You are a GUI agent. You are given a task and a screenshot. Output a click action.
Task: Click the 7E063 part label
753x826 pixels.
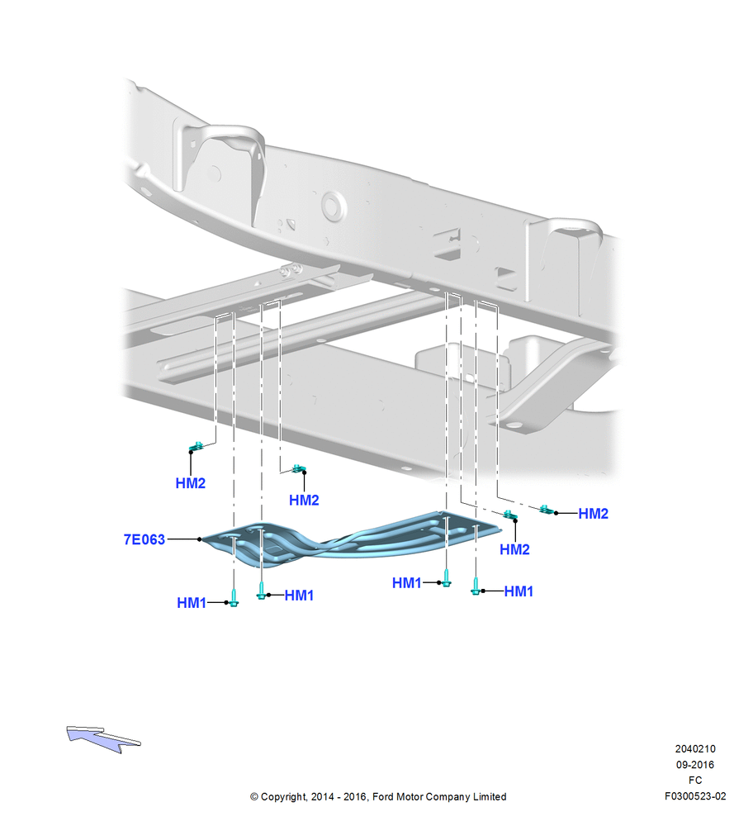click(x=144, y=539)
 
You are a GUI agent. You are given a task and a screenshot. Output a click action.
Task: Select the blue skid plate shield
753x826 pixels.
click(x=348, y=540)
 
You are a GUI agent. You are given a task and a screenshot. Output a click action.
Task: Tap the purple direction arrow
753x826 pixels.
click(x=103, y=738)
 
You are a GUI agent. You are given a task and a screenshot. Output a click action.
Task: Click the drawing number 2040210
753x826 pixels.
click(x=695, y=748)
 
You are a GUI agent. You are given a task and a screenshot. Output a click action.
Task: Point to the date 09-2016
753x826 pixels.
click(x=695, y=764)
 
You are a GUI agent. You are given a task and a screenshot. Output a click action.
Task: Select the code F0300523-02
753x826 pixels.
click(x=695, y=796)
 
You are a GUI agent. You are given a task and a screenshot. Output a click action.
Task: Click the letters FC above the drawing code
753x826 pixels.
click(x=695, y=781)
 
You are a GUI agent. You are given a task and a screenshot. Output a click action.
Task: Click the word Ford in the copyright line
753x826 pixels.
click(x=383, y=796)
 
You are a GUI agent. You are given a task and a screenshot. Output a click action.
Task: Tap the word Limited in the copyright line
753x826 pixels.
click(x=489, y=796)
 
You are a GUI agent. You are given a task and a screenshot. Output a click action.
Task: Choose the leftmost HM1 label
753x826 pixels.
click(x=192, y=603)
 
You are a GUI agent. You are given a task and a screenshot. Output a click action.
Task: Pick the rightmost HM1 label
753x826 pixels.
click(x=519, y=591)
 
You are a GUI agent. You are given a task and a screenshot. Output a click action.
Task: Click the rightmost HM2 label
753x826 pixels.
click(x=594, y=514)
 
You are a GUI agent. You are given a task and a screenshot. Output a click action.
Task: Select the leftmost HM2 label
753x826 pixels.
click(x=191, y=483)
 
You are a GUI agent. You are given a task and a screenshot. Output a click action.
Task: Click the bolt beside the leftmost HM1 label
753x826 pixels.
click(x=234, y=598)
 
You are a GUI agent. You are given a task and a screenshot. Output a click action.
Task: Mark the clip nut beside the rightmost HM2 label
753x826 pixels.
click(x=546, y=510)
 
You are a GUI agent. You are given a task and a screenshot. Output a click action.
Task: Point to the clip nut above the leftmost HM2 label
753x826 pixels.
click(x=197, y=447)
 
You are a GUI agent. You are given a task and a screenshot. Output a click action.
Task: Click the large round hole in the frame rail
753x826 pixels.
click(x=333, y=206)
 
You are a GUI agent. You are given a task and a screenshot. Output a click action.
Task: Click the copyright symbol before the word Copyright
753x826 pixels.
click(x=254, y=797)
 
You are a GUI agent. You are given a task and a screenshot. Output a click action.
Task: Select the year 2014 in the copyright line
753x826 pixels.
click(x=322, y=796)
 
